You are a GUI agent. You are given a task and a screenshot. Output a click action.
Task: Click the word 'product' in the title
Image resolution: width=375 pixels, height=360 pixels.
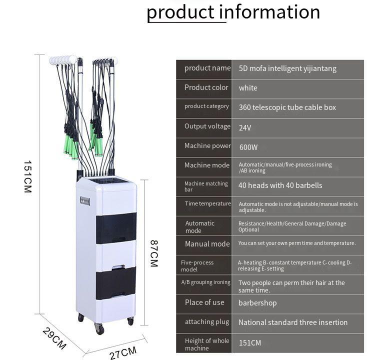point(180,12)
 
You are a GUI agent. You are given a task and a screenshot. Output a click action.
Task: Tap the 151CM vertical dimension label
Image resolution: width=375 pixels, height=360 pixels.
point(27,176)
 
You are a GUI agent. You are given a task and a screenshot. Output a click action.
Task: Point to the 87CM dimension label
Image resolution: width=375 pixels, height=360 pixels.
point(154,253)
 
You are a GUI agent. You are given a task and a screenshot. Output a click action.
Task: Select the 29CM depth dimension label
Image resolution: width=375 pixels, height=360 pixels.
point(54,338)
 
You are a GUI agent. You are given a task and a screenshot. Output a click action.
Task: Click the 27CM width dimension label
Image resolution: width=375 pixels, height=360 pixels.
point(123,353)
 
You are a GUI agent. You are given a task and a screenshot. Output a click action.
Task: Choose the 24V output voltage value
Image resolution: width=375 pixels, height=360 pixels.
point(245,127)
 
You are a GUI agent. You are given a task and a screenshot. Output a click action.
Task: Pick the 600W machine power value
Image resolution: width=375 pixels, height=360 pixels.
point(248,147)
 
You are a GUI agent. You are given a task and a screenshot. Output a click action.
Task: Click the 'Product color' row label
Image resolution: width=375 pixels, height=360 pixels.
point(206,87)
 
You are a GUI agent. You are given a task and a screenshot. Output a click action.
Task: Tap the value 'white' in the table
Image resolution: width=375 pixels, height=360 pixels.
point(248,88)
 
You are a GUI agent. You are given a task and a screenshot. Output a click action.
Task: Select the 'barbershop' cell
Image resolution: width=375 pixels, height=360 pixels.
point(257,303)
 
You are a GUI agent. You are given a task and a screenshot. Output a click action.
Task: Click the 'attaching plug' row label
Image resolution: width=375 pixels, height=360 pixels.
point(207,322)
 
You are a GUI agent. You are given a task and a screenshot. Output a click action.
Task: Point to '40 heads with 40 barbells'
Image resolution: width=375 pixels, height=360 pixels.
point(280,185)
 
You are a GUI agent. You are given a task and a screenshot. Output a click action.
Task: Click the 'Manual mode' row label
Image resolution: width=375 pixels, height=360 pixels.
point(207,243)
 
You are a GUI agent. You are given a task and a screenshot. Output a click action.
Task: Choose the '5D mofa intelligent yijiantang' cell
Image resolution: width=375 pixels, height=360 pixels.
point(287,68)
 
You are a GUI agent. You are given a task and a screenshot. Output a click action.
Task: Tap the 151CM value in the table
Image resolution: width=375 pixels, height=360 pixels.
point(250,343)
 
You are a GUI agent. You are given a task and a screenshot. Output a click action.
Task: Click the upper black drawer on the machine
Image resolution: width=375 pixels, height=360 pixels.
point(116,228)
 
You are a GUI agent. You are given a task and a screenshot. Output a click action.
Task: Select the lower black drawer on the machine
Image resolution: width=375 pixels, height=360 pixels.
point(116,283)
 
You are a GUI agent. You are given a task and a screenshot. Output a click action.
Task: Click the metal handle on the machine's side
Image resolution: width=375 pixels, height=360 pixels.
point(85,201)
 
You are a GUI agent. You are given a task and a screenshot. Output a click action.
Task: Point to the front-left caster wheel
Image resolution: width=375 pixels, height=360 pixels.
point(99,328)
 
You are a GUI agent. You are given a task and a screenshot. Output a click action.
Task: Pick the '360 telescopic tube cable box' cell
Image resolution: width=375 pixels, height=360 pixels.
point(287,107)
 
